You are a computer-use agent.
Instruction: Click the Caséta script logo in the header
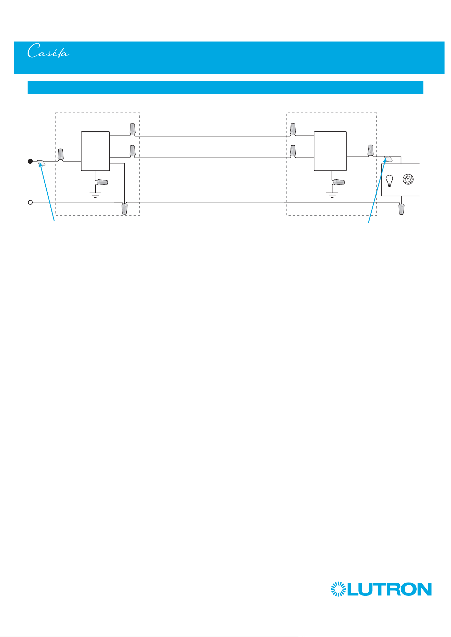click(x=48, y=51)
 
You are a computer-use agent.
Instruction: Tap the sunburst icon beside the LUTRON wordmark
click(x=338, y=589)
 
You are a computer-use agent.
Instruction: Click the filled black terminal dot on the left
click(x=30, y=161)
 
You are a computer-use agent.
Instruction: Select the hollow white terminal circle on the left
click(x=30, y=202)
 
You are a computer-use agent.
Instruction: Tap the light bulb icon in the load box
click(x=389, y=181)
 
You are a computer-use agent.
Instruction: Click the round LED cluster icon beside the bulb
click(x=408, y=179)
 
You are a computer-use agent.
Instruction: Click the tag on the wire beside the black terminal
click(x=41, y=163)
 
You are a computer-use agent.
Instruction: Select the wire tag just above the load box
click(x=388, y=159)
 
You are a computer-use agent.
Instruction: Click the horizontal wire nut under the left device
click(x=102, y=182)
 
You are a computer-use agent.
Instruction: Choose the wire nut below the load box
click(x=402, y=209)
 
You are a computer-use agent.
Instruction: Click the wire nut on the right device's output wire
click(x=371, y=150)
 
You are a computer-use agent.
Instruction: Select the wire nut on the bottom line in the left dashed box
click(x=125, y=209)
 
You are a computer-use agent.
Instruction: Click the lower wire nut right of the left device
click(x=133, y=151)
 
